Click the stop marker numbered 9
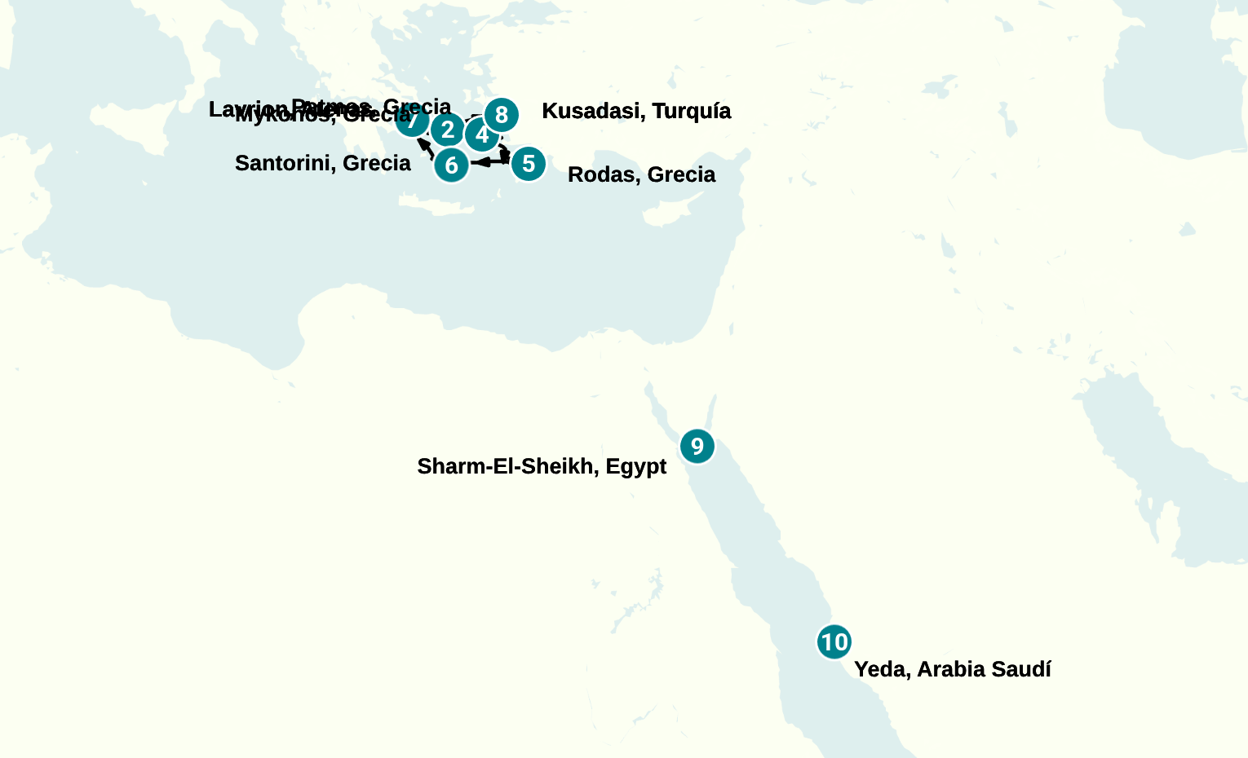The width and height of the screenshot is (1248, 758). coord(697,446)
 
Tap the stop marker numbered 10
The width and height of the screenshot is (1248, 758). coord(834,642)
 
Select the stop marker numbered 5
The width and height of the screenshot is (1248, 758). coord(529,164)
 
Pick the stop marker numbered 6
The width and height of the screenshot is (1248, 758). coord(451,165)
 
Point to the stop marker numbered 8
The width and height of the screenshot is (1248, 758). coord(502,115)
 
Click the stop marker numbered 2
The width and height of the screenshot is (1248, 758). coord(447,129)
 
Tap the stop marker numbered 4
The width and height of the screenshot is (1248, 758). coord(481,135)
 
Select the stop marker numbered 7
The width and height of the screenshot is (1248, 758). coord(412,121)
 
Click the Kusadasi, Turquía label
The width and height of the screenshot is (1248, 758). coord(636,111)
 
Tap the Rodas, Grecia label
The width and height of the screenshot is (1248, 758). coord(641,174)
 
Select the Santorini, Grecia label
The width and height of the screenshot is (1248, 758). coord(322,163)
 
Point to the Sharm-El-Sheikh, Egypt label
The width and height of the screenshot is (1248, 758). coord(542,466)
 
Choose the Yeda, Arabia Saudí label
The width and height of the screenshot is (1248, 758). coord(952,669)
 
